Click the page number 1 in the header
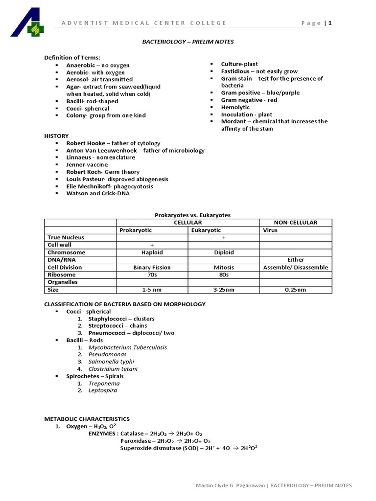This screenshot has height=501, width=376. tap(330, 23)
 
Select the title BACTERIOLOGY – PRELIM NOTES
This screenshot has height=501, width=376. tap(188, 42)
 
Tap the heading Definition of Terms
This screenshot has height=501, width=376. tap(72, 57)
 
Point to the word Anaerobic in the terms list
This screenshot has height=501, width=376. tap(80, 65)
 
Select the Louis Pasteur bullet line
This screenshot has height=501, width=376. tap(117, 179)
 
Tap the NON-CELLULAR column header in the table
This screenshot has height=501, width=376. tap(295, 223)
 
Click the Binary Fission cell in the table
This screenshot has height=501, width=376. tap(152, 268)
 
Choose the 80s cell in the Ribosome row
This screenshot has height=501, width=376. tap(223, 275)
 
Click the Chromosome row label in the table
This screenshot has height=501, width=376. tap(66, 252)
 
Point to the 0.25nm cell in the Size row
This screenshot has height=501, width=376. tap(295, 290)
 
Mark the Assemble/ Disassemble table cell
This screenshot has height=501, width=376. tap(295, 268)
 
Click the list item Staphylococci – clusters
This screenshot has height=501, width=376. tap(114, 319)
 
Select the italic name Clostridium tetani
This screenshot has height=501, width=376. tap(113, 368)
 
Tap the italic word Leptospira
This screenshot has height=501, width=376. tap(103, 390)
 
